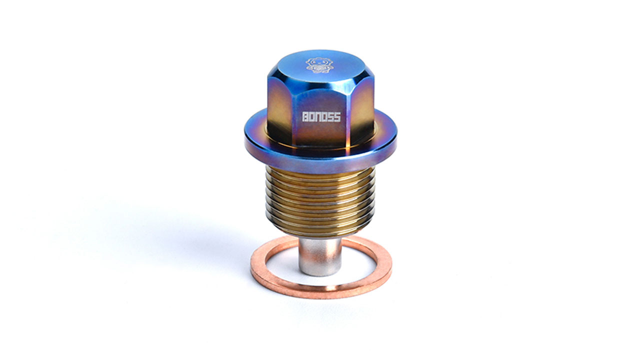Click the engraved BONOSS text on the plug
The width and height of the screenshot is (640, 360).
click(x=321, y=116)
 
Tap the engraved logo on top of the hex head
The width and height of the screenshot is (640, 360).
click(x=318, y=65)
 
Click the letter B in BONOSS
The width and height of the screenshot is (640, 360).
click(x=305, y=116)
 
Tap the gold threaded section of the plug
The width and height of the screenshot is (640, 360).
click(x=320, y=200)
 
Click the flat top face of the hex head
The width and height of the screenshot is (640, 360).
click(x=320, y=67)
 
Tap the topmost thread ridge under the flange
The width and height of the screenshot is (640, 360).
click(x=320, y=170)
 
